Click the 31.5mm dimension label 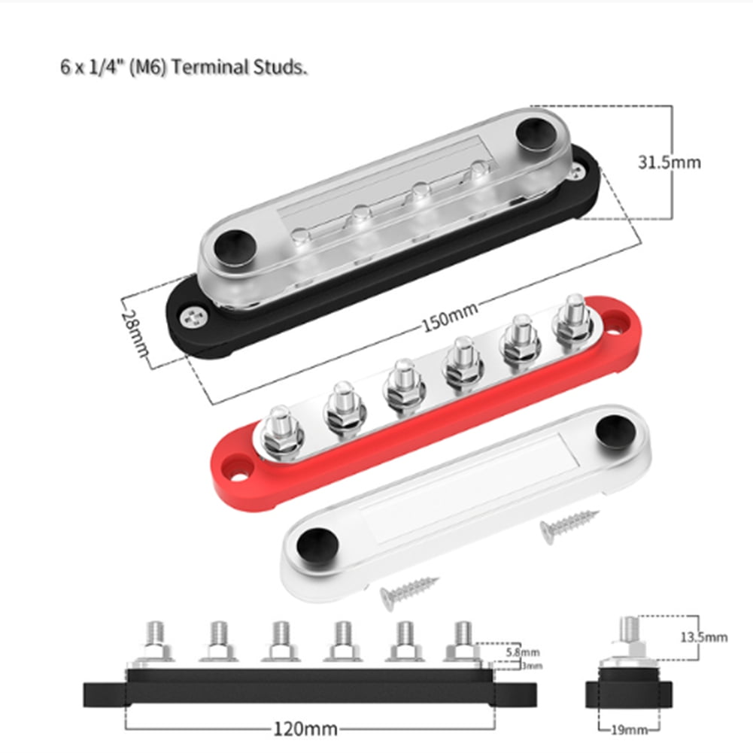point(669,162)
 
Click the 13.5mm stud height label point(703,637)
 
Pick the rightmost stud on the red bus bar point(573,316)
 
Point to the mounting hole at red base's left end point(240,476)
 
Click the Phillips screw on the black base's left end point(192,317)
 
